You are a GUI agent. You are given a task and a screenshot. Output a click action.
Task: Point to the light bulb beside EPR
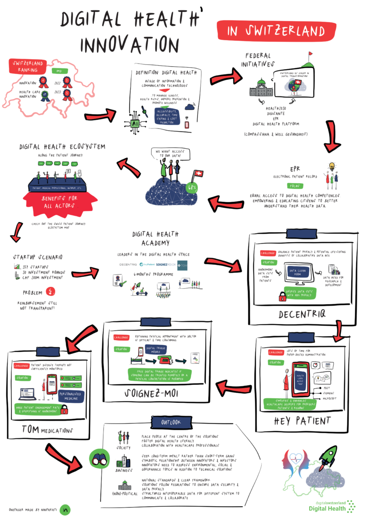(331, 168)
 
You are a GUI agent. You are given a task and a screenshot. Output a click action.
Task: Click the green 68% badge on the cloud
(192, 187)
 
